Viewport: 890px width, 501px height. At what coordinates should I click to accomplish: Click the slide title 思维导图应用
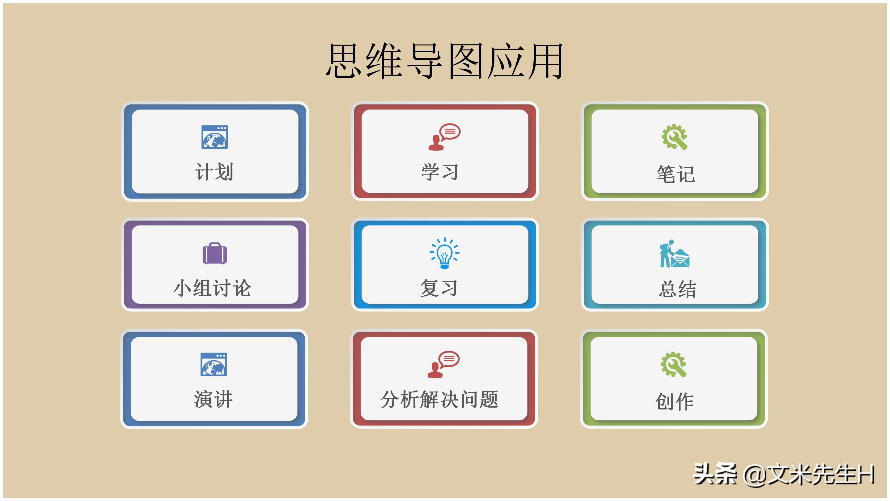point(445,61)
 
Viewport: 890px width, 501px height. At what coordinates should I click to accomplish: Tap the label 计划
point(214,172)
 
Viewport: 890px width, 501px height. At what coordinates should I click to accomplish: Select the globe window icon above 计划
point(214,137)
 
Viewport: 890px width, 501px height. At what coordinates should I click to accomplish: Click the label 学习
point(440,172)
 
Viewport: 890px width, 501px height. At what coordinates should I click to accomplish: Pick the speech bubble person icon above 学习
point(444,137)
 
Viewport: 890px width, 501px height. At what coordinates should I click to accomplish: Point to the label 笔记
point(676,174)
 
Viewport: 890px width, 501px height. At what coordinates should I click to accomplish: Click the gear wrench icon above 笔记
point(674,137)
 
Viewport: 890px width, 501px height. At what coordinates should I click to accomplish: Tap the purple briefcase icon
point(214,254)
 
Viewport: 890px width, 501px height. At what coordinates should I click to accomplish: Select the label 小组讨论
point(213,288)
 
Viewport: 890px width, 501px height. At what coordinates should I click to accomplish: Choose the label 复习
point(439,288)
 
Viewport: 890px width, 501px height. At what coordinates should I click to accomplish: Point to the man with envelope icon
point(674,254)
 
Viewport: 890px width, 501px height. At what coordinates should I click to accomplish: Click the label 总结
point(677,289)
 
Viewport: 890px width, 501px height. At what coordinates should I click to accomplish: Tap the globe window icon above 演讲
point(214,364)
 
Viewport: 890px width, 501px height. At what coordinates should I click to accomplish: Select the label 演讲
point(214,399)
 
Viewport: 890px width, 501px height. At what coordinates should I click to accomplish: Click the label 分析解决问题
point(439,399)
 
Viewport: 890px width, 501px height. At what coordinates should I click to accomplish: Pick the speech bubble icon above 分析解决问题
point(443,364)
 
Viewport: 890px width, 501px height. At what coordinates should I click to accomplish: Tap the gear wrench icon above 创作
point(673,364)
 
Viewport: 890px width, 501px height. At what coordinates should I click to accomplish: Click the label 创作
point(674,401)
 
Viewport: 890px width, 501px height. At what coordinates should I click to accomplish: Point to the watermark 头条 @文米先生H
point(784,474)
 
